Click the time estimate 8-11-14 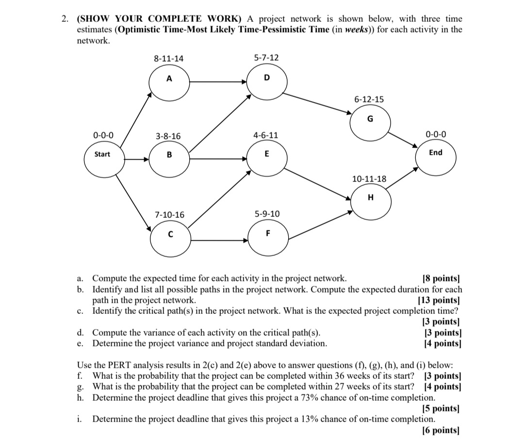tap(169, 58)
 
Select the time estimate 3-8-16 tap(168, 136)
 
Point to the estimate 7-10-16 tap(169, 214)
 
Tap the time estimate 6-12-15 tap(369, 99)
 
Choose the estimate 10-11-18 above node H tap(369, 179)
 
